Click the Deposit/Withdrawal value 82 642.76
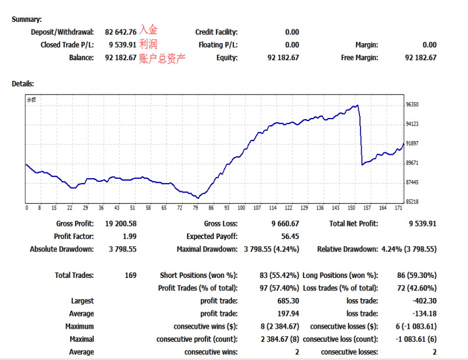[x=121, y=32]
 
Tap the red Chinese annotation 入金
[x=148, y=31]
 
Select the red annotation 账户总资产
[x=162, y=58]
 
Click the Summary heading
[x=27, y=19]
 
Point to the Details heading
[x=22, y=84]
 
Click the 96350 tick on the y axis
[x=412, y=104]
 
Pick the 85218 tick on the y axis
[x=412, y=202]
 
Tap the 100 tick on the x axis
[x=241, y=208]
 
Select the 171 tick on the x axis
[x=399, y=208]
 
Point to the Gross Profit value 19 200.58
[x=120, y=224]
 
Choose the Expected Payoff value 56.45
[x=289, y=237]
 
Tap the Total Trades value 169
[x=130, y=276]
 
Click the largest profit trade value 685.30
[x=287, y=301]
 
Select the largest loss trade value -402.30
[x=424, y=301]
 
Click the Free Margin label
[x=359, y=58]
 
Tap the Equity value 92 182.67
[x=283, y=58]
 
